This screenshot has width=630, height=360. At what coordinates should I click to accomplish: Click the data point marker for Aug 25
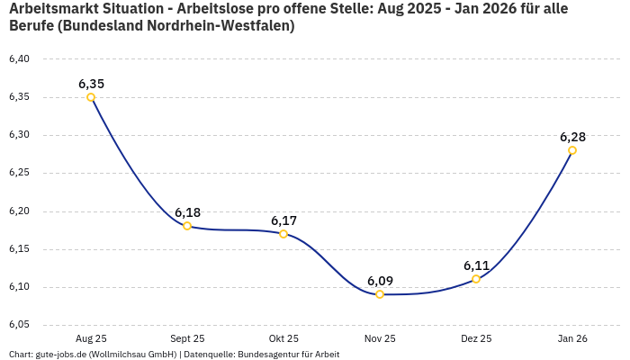coord(91,97)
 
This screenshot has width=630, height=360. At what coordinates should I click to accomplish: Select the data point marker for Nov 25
coord(380,294)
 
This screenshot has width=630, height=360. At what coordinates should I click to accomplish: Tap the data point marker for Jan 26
coord(572,150)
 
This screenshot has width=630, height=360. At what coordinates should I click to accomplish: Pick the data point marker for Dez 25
coord(476,279)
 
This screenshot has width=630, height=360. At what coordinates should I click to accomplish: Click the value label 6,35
coord(91,84)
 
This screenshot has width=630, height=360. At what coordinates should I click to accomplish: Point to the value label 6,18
coord(187,212)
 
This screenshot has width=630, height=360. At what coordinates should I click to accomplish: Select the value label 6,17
coord(283,220)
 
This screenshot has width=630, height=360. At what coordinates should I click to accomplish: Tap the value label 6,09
coord(380,281)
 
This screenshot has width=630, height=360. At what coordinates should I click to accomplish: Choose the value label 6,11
coord(476,265)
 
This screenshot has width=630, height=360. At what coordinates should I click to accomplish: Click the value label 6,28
coord(572,137)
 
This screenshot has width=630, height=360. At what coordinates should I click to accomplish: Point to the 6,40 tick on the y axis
coord(19,59)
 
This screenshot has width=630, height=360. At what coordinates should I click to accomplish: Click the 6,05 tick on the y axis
coord(19,325)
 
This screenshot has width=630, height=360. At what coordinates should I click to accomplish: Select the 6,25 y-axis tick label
coord(19,173)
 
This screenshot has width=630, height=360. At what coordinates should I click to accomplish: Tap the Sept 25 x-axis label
coord(187,338)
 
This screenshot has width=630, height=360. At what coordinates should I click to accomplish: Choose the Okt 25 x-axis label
coord(283,338)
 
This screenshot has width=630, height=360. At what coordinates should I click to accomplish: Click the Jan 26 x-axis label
coord(572,338)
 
